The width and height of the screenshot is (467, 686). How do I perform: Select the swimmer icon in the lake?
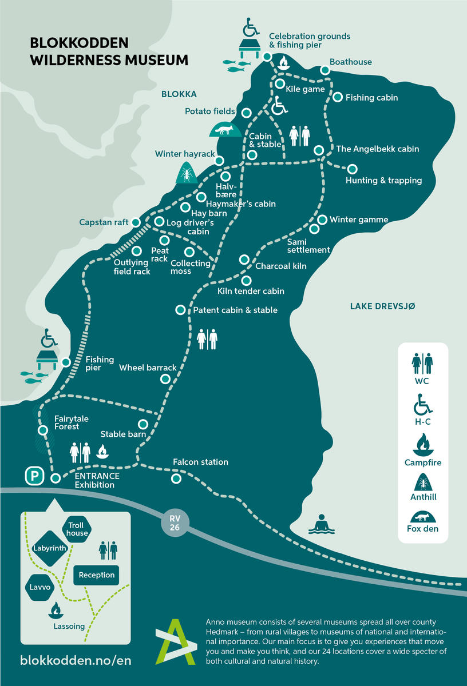(322, 524)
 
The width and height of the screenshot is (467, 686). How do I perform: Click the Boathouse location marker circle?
(324, 70)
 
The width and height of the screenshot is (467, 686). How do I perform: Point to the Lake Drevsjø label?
(382, 306)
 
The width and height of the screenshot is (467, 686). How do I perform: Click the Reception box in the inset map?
(97, 575)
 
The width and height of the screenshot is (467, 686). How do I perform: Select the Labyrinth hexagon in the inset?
(50, 548)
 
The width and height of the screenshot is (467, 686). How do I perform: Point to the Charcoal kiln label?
(281, 266)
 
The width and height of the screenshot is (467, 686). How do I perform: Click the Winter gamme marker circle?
(322, 220)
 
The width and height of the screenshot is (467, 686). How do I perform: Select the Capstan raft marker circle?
(136, 222)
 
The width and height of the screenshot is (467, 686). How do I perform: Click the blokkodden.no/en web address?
(76, 660)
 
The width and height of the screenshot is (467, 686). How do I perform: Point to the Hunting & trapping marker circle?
(352, 169)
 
